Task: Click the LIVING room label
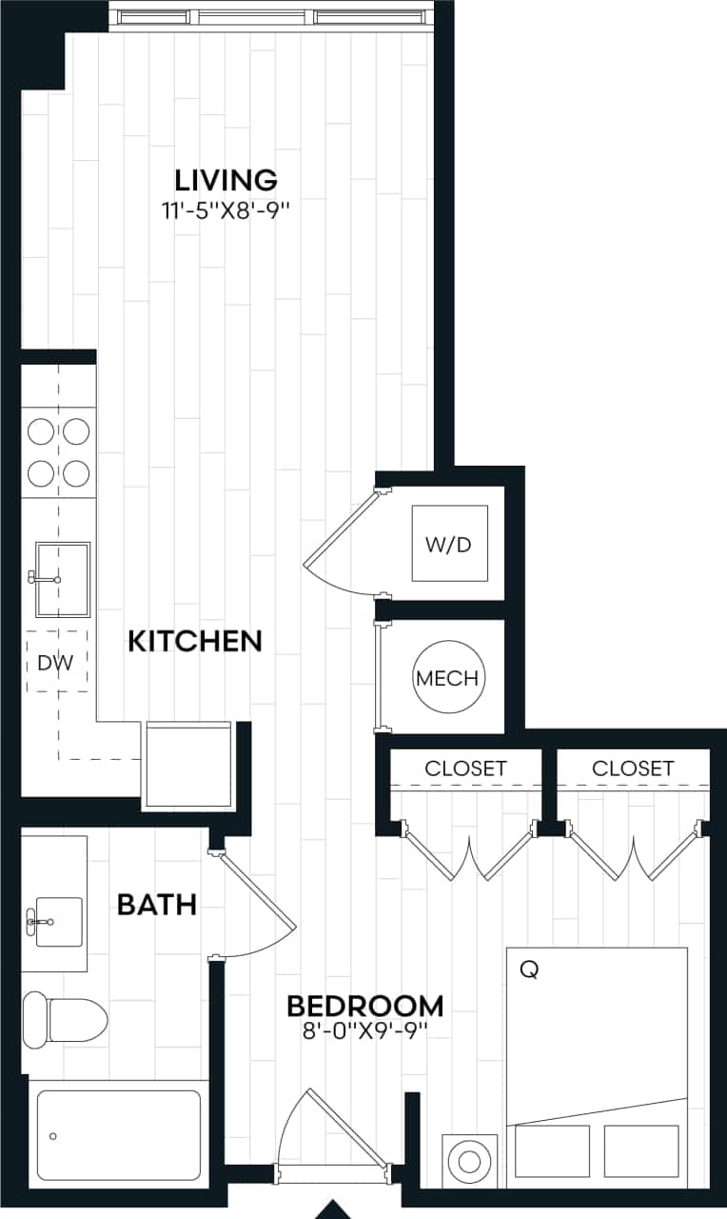[226, 179]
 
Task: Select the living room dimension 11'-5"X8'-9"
[226, 210]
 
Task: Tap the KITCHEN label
[195, 641]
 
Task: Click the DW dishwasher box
[56, 661]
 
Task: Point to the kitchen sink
[63, 579]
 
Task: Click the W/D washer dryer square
[449, 544]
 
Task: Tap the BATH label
[157, 904]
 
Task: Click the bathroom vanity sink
[53, 921]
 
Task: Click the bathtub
[119, 1134]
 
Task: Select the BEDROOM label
[365, 1006]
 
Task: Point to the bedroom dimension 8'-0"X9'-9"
[365, 1030]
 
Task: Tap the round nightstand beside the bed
[470, 1161]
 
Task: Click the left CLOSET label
[465, 768]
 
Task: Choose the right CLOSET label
[633, 768]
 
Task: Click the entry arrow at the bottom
[334, 1209]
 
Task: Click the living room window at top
[271, 17]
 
